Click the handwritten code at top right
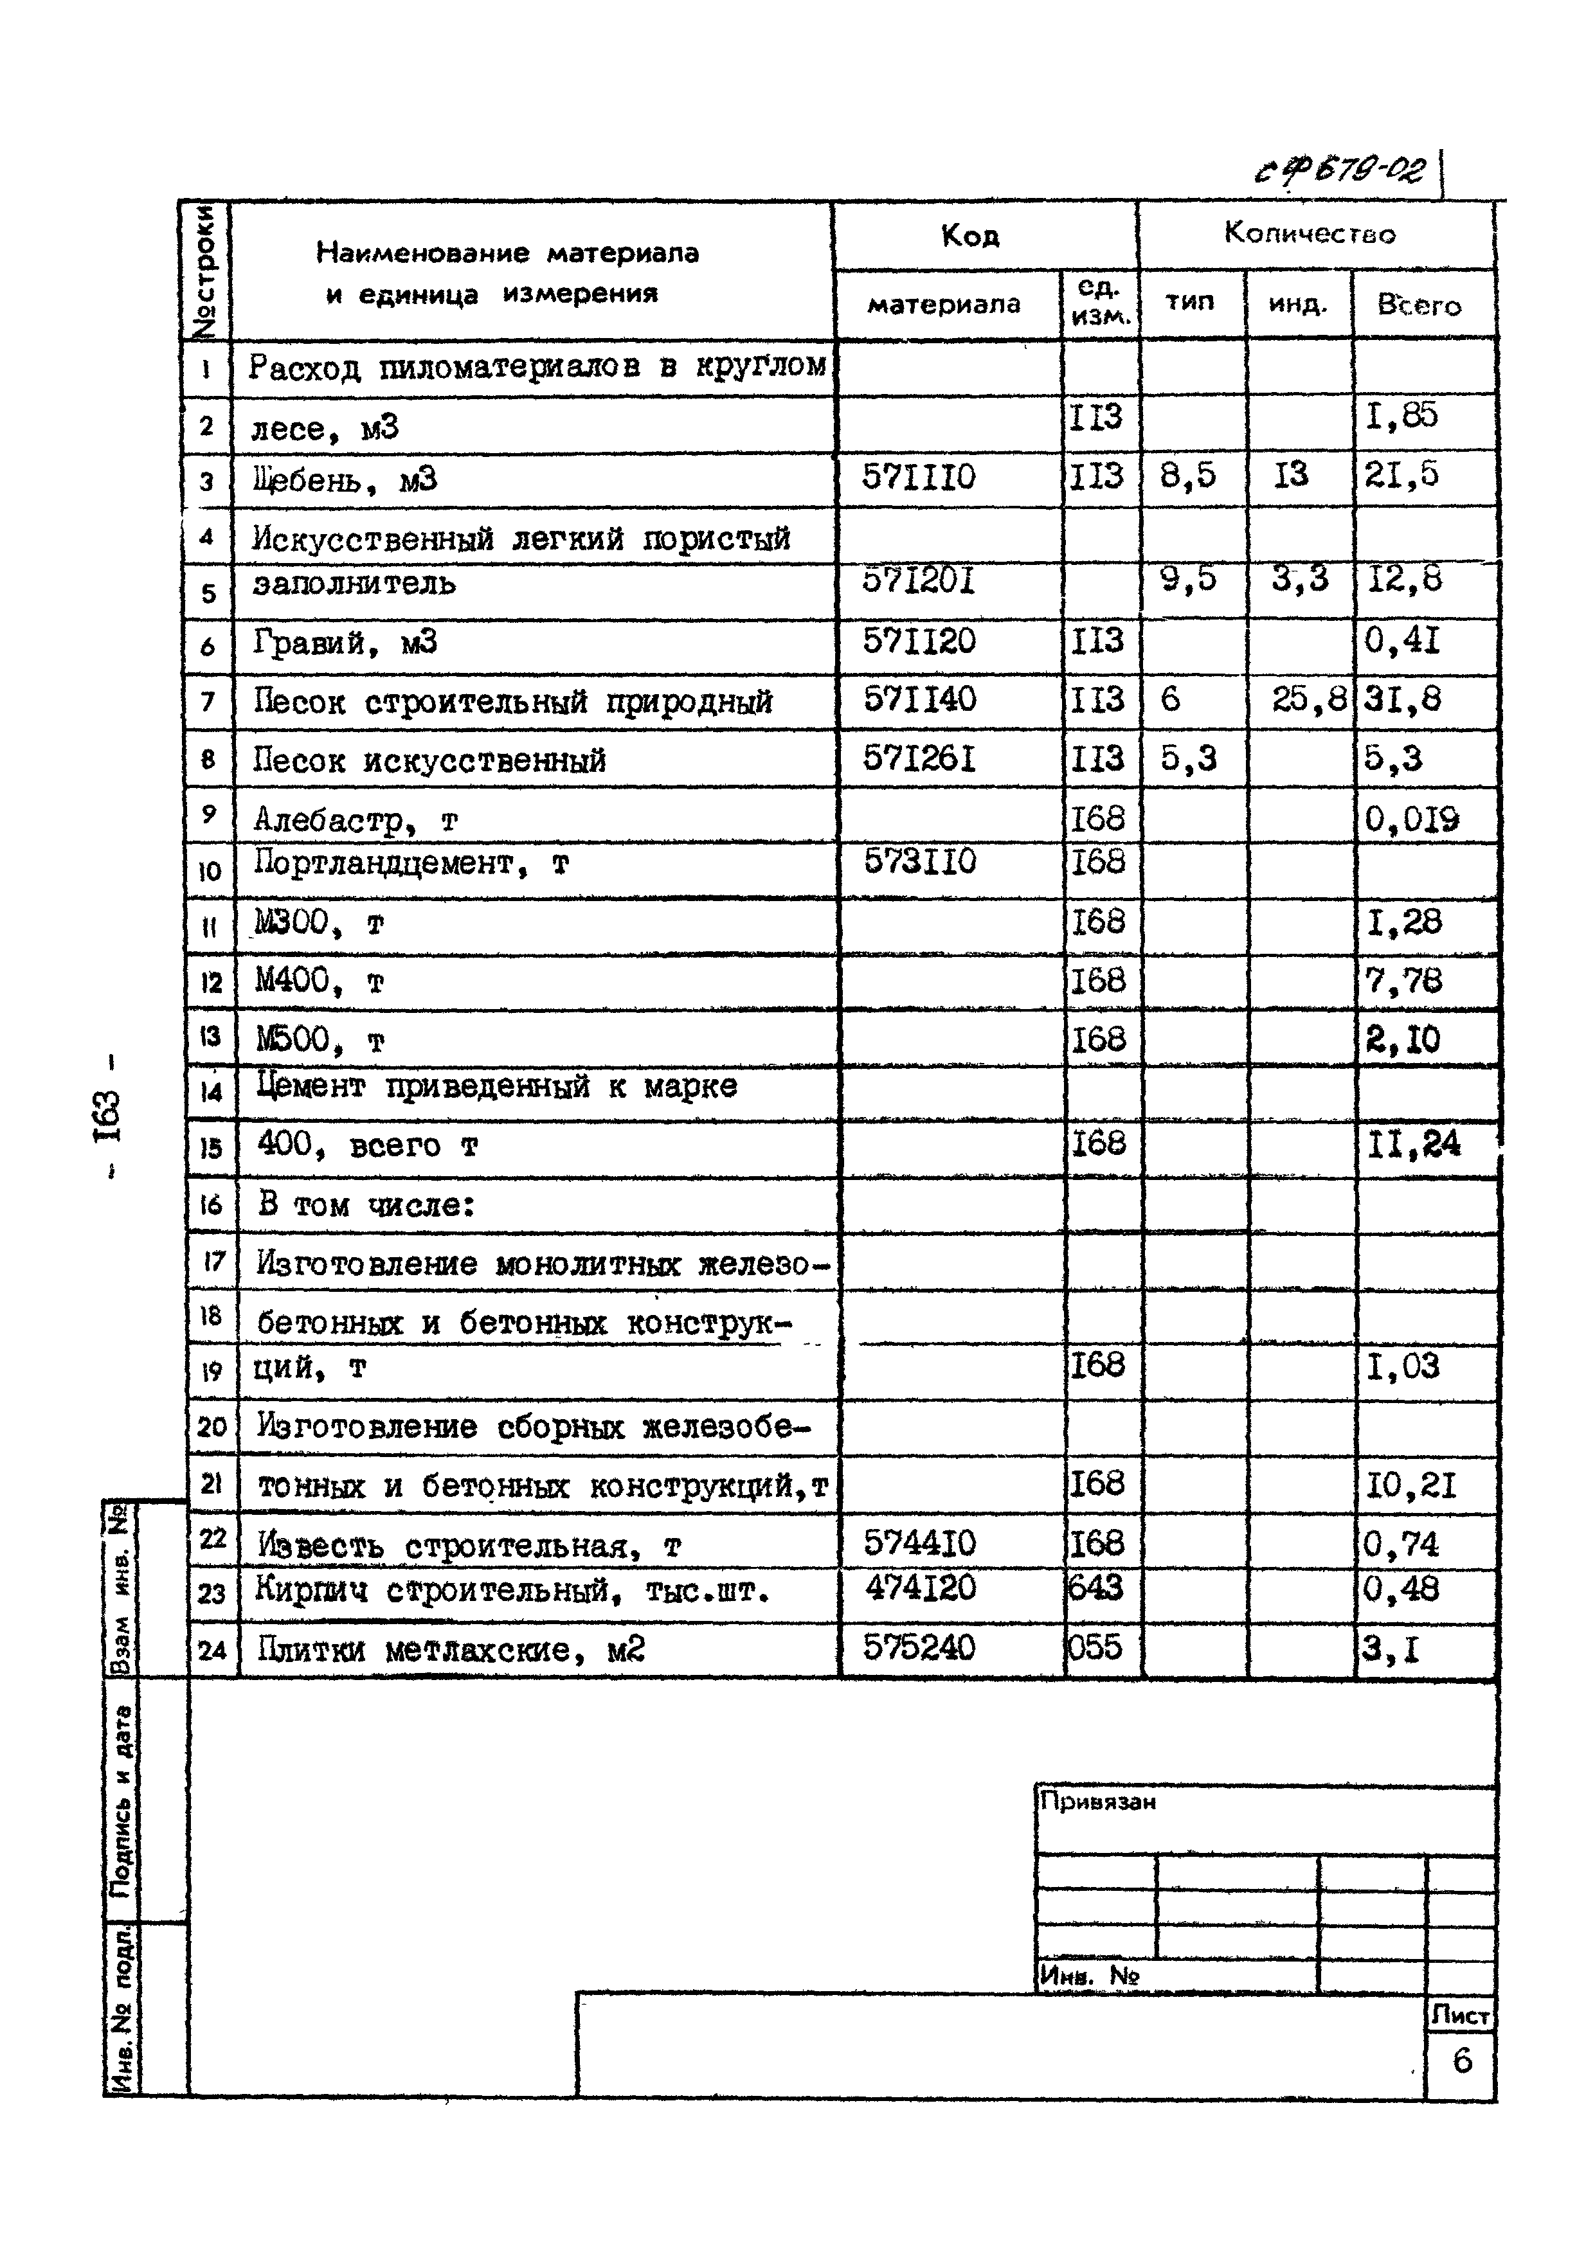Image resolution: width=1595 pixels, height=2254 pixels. click(x=1340, y=171)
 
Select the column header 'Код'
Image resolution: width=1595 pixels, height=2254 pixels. click(x=969, y=237)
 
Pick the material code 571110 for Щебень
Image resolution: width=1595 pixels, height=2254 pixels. click(x=919, y=478)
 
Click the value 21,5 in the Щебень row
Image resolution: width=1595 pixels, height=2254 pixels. click(x=1401, y=475)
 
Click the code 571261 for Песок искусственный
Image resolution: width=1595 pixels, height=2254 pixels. click(x=919, y=759)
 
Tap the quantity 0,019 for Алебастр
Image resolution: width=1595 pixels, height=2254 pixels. click(x=1411, y=819)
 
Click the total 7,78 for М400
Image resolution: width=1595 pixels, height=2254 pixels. click(x=1403, y=981)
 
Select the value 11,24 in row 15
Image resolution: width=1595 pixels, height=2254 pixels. click(x=1413, y=1145)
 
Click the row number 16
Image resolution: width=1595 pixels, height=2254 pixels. click(x=211, y=1206)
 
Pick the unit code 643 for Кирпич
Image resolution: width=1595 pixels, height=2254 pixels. click(x=1095, y=1588)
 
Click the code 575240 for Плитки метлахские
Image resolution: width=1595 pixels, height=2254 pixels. click(x=919, y=1647)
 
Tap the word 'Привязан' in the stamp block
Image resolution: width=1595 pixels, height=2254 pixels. click(x=1097, y=1802)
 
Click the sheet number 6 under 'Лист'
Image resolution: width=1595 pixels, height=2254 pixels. click(x=1461, y=2060)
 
